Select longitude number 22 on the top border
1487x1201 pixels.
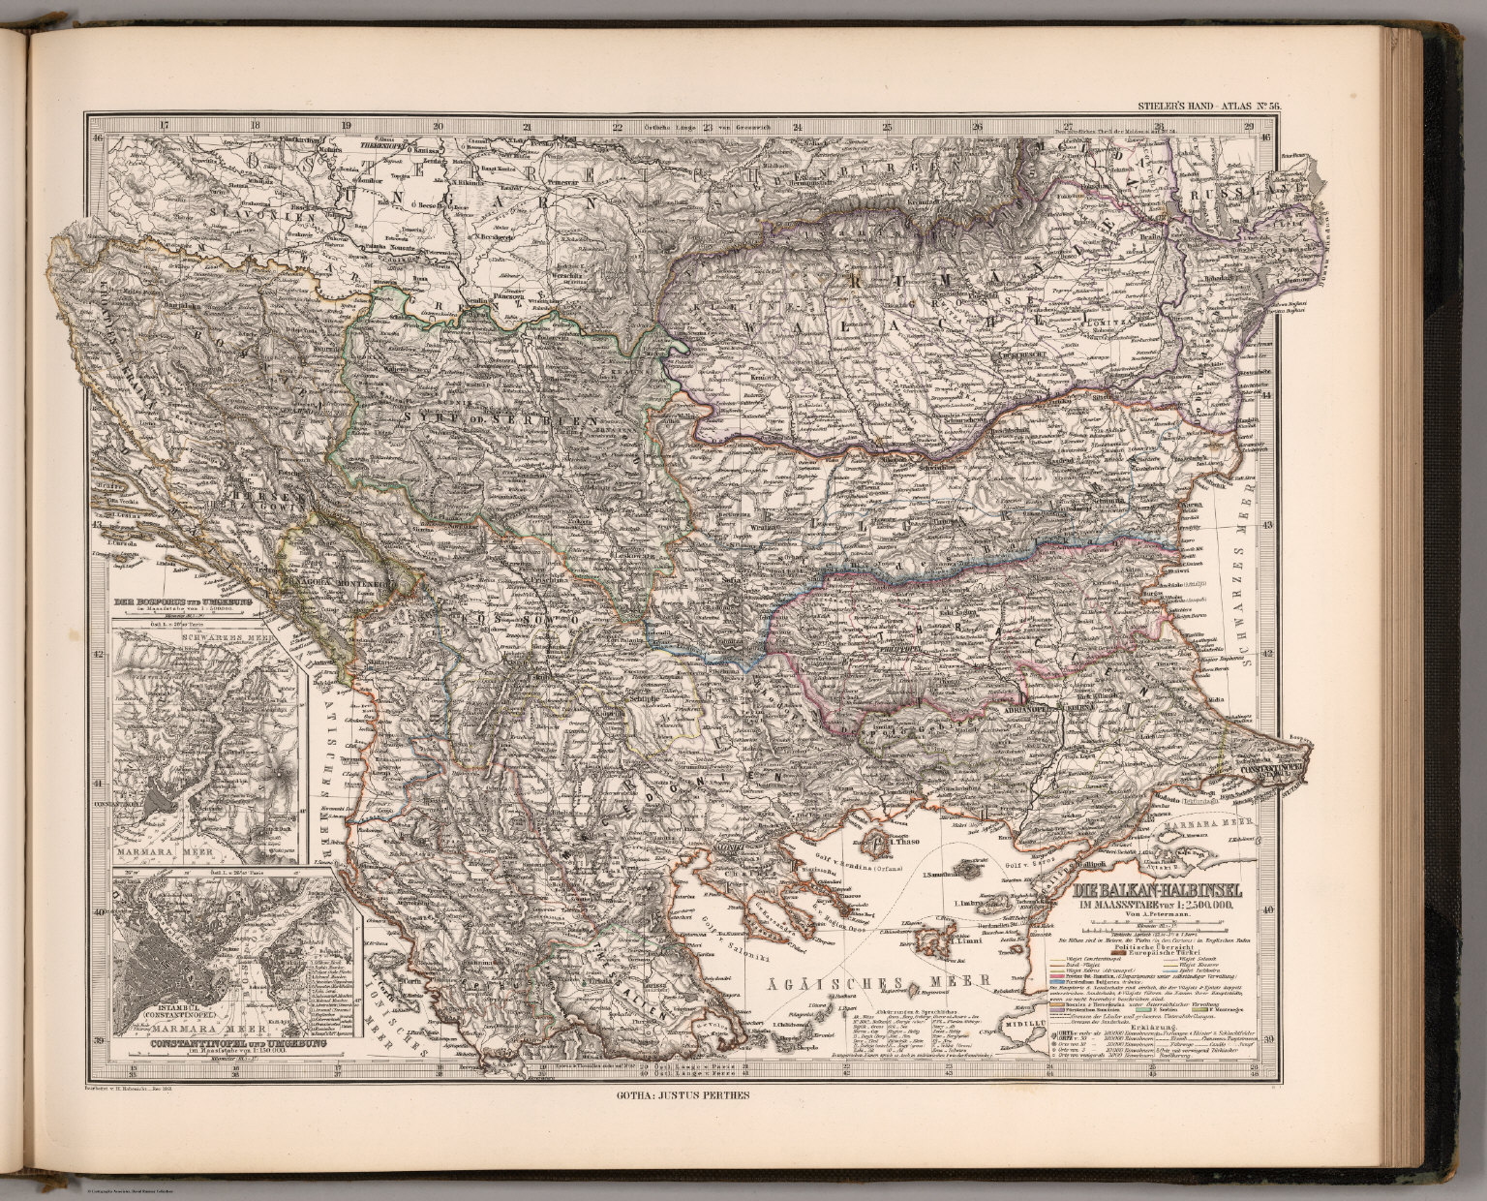click(x=617, y=126)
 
